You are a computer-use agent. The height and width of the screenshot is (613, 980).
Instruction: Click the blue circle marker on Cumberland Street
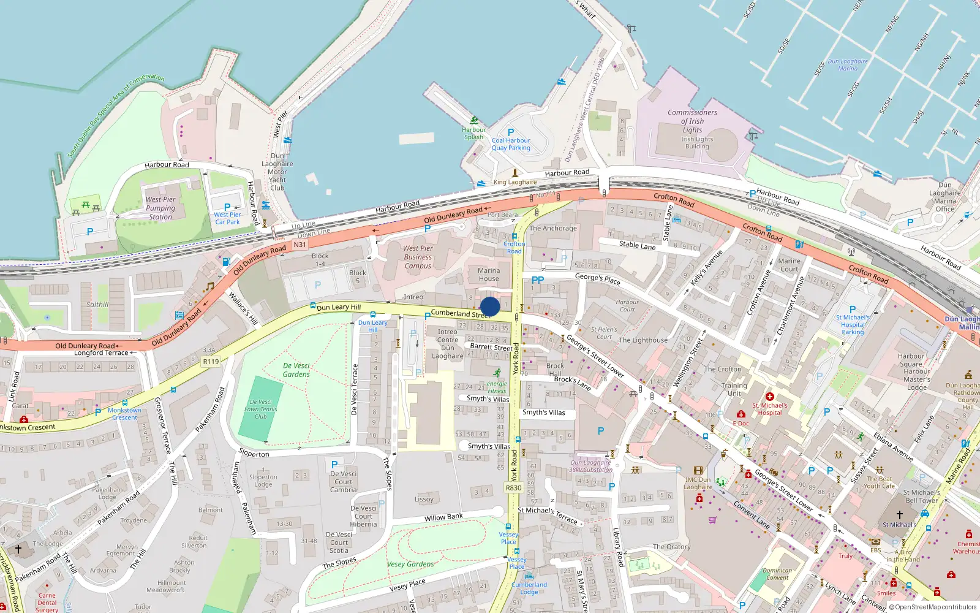click(x=490, y=306)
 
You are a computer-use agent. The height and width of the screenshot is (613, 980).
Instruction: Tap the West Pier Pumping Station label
click(x=160, y=208)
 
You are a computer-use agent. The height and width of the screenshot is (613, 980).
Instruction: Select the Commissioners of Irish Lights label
click(x=692, y=121)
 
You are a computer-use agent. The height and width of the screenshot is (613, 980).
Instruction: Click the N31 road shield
click(x=300, y=245)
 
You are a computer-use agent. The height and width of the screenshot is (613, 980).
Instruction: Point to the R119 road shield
click(x=211, y=362)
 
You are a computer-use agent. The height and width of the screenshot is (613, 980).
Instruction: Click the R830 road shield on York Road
click(x=513, y=488)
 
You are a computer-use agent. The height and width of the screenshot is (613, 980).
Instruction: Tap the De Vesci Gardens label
click(x=296, y=370)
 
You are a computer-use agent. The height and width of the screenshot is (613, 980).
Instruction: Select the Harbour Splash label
click(x=473, y=133)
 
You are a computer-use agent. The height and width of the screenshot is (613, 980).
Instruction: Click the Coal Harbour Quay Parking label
click(x=511, y=144)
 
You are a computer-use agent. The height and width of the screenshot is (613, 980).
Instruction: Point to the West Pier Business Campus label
click(x=418, y=257)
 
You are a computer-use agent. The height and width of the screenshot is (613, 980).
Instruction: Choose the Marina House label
click(x=489, y=275)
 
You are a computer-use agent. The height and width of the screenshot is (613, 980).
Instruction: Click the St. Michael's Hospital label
click(x=770, y=409)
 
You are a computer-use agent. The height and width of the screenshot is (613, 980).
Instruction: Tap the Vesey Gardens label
click(x=410, y=564)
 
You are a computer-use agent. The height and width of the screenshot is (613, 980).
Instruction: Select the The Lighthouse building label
click(x=643, y=340)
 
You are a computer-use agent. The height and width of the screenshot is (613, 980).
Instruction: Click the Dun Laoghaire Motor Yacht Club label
click(x=277, y=172)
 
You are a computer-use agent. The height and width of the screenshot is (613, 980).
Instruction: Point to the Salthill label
click(x=97, y=304)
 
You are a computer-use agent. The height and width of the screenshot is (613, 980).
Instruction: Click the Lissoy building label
click(x=424, y=499)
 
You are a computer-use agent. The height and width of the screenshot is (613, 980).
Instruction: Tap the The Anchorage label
click(x=553, y=228)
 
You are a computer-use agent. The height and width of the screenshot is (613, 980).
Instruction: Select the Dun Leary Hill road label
click(x=339, y=307)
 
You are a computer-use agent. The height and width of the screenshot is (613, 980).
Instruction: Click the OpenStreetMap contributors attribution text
click(x=935, y=607)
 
